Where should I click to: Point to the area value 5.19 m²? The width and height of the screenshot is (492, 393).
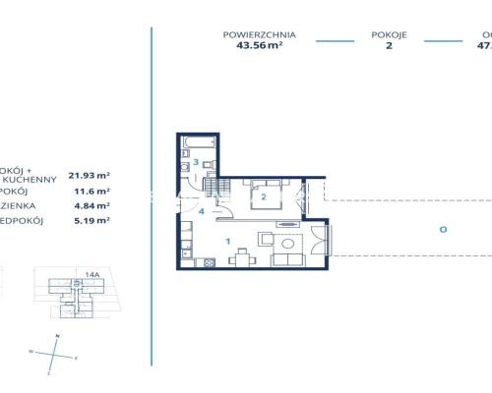91,221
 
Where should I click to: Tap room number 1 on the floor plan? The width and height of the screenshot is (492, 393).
227,240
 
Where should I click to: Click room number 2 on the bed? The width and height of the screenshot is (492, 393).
263,196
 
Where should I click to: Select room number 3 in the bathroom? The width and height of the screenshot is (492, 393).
197,161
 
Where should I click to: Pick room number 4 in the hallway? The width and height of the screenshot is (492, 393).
201,210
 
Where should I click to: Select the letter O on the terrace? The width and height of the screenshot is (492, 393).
444,229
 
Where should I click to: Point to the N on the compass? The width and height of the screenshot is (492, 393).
59,336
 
